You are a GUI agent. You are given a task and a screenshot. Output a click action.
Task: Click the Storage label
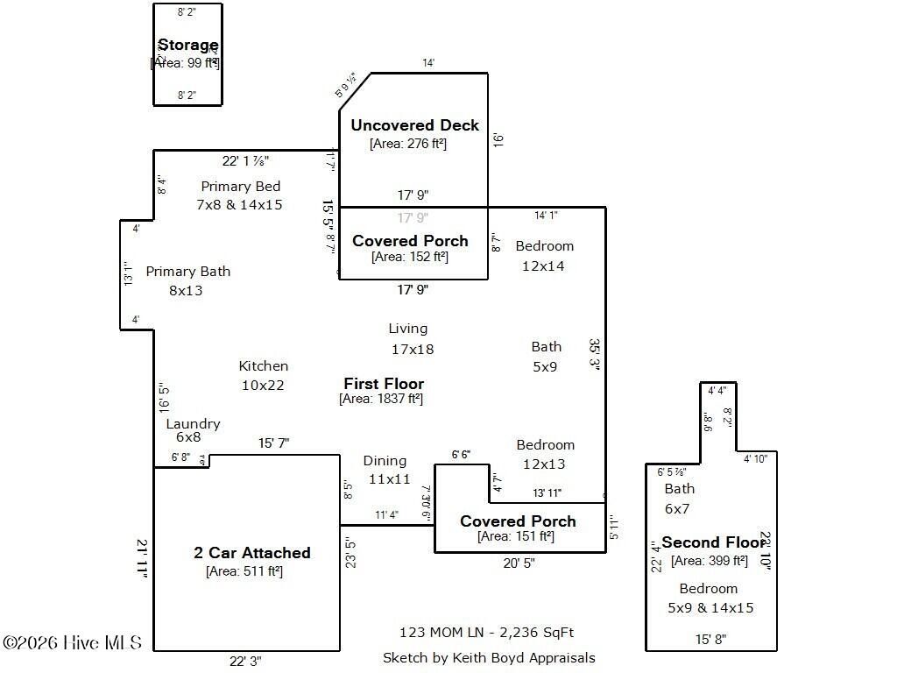[x=187, y=45]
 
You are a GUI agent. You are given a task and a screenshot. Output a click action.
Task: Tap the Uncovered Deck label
[x=414, y=125]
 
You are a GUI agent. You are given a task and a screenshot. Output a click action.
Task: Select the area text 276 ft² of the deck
[x=408, y=144]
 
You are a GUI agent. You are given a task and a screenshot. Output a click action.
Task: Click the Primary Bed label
[x=240, y=186]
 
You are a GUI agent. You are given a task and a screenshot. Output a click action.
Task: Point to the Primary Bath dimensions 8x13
[x=186, y=290]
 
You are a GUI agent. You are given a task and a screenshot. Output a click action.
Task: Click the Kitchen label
[x=263, y=366]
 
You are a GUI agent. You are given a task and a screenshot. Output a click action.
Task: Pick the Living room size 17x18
[x=412, y=349]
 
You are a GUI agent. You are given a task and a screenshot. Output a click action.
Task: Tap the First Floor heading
[x=383, y=384]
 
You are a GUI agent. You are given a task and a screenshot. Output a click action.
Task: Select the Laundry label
[x=193, y=424]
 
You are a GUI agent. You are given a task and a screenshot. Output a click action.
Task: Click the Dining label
[x=385, y=461]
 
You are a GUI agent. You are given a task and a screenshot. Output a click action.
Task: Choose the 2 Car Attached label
[x=251, y=553]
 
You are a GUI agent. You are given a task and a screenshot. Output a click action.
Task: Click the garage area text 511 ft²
[x=244, y=571]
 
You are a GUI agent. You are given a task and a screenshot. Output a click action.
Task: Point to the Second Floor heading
[x=714, y=542]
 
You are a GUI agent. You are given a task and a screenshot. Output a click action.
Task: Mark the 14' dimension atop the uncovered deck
[x=428, y=63]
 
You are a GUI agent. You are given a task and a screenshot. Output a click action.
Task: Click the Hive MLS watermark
[x=72, y=643]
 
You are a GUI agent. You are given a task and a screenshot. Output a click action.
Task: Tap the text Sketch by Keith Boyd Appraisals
[x=488, y=657]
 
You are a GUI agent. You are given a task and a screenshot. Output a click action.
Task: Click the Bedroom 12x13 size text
[x=544, y=464]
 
